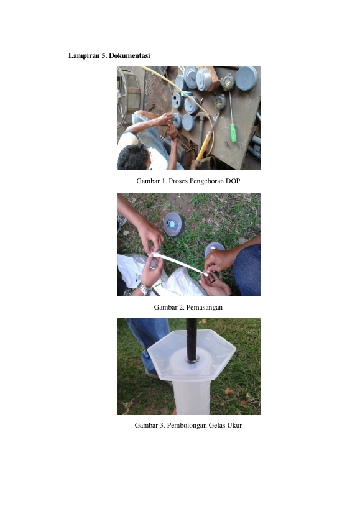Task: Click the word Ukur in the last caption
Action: [234, 425]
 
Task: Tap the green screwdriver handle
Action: [233, 133]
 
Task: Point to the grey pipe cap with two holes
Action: [177, 101]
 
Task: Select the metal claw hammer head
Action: [201, 116]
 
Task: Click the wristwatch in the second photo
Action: [145, 288]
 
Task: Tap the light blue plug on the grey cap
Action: [172, 224]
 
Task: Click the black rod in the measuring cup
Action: [192, 339]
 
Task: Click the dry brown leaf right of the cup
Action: [229, 391]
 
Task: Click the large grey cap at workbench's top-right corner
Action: [246, 78]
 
